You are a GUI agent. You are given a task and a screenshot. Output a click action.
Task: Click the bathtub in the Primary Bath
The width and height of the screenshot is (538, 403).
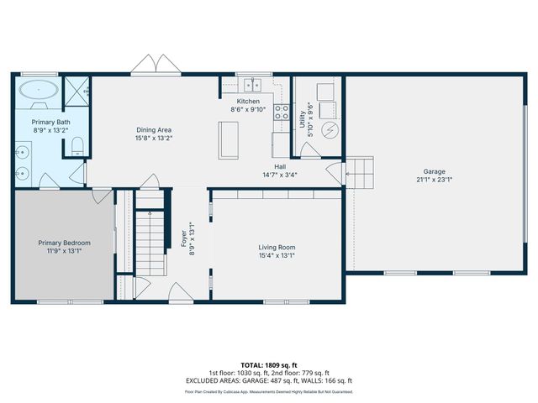(x=38, y=91)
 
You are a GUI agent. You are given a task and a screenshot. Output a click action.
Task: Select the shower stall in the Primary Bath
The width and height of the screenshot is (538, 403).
(x=77, y=90)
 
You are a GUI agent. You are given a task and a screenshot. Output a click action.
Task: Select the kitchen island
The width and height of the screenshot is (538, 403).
(x=228, y=139)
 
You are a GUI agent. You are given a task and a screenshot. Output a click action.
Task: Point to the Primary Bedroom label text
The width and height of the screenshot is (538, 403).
(x=64, y=243)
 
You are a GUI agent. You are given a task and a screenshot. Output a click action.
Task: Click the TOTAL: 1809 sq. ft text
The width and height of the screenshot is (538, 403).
(x=268, y=365)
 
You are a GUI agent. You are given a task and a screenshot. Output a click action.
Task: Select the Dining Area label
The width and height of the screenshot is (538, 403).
(x=154, y=129)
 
